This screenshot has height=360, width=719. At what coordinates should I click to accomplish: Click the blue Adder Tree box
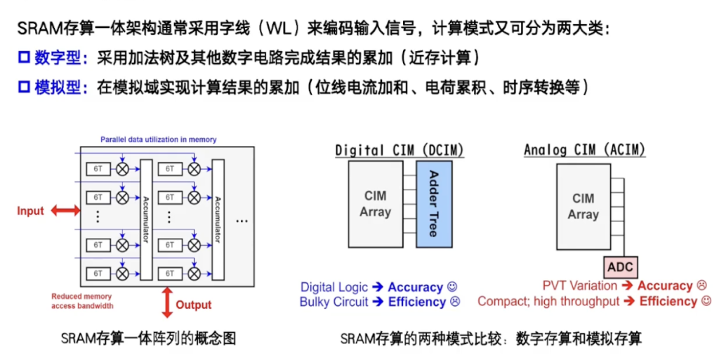(433, 203)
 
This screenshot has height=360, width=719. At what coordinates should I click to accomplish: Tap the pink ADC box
(620, 267)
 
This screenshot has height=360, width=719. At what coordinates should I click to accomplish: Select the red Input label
(30, 211)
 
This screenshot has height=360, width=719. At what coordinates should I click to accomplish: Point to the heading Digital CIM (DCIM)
(400, 150)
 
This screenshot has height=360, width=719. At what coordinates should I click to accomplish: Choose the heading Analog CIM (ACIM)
(584, 150)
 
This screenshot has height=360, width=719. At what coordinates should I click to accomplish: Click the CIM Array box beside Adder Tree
(375, 203)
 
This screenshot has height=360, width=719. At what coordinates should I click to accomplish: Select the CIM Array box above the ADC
(583, 206)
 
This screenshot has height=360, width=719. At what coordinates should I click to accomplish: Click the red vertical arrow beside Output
(167, 302)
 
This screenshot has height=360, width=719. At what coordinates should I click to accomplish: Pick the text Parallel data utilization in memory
(158, 140)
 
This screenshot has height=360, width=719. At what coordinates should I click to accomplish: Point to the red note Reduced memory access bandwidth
(81, 301)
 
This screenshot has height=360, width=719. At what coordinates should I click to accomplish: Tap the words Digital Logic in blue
(334, 287)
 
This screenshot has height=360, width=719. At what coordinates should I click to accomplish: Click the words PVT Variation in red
(579, 286)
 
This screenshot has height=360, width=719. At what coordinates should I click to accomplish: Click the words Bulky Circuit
(334, 302)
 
